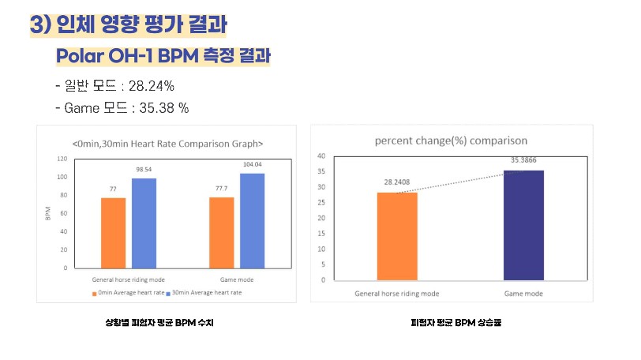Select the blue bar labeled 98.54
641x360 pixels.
144,223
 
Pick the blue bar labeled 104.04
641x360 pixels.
252,220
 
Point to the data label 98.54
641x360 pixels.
144,170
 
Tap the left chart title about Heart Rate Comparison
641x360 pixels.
167,144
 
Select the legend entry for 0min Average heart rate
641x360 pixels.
126,292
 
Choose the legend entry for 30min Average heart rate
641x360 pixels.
206,292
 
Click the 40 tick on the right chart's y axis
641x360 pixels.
321,156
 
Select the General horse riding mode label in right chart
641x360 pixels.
396,293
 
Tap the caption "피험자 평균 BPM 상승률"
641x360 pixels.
456,322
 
